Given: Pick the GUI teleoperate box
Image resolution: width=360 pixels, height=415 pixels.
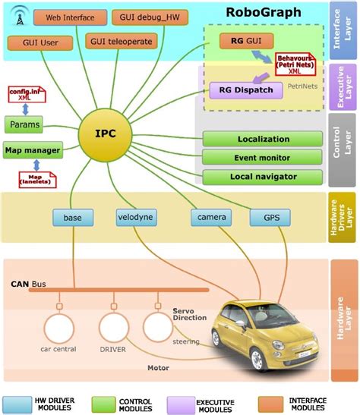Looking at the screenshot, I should click(x=123, y=41).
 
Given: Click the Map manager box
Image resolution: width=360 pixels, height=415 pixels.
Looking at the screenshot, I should click(x=32, y=150).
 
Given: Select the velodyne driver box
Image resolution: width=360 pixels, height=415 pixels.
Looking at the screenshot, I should click(x=137, y=218).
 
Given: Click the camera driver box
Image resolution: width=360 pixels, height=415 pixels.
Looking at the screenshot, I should click(x=210, y=218).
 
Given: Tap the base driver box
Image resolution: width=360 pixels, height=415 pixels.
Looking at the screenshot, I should click(x=73, y=218).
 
